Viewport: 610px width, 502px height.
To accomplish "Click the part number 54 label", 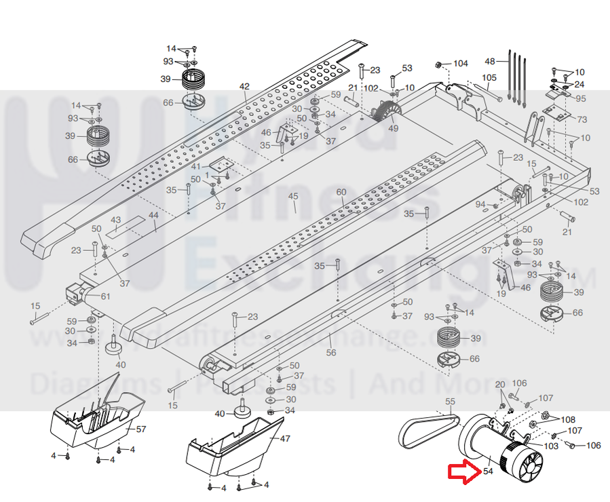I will point(487,472).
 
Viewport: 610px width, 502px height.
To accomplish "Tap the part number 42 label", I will point(244,86).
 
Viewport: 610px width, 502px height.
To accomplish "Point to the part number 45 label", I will point(293,197).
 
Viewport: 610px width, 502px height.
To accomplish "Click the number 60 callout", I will point(341,192).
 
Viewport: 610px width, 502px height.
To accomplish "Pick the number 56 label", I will point(330,353).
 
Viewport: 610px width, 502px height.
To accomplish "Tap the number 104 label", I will point(461,63).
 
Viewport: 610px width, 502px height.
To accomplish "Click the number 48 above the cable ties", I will point(491,62).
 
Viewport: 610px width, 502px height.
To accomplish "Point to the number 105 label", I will point(489,77).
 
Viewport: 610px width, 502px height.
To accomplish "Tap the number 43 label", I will point(115,220).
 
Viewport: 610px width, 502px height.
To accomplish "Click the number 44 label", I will point(153,215).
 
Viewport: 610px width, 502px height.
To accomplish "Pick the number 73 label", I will point(582,119).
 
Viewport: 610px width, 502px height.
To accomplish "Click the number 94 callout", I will point(480,204).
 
